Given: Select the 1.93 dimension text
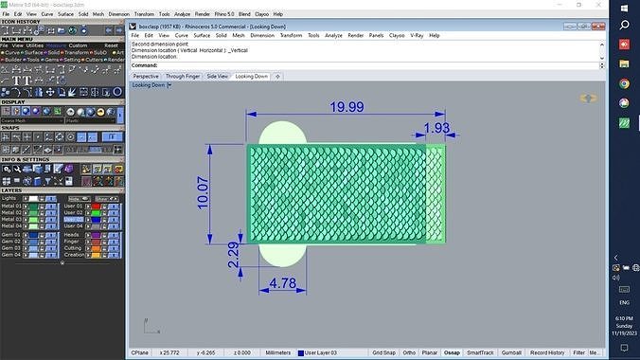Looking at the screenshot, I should point(436,128).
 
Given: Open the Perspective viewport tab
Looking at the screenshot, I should point(146,76).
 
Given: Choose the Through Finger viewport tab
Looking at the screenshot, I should point(182,76).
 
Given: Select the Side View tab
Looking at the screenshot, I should point(217,76).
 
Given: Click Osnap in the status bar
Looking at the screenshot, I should point(452,352).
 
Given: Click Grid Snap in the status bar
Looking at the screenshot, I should point(384,352).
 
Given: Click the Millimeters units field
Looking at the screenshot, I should point(278,352).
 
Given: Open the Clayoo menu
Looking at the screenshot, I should point(398,35).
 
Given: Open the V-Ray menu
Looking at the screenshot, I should point(418,35).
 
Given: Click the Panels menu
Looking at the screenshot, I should point(377,35).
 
